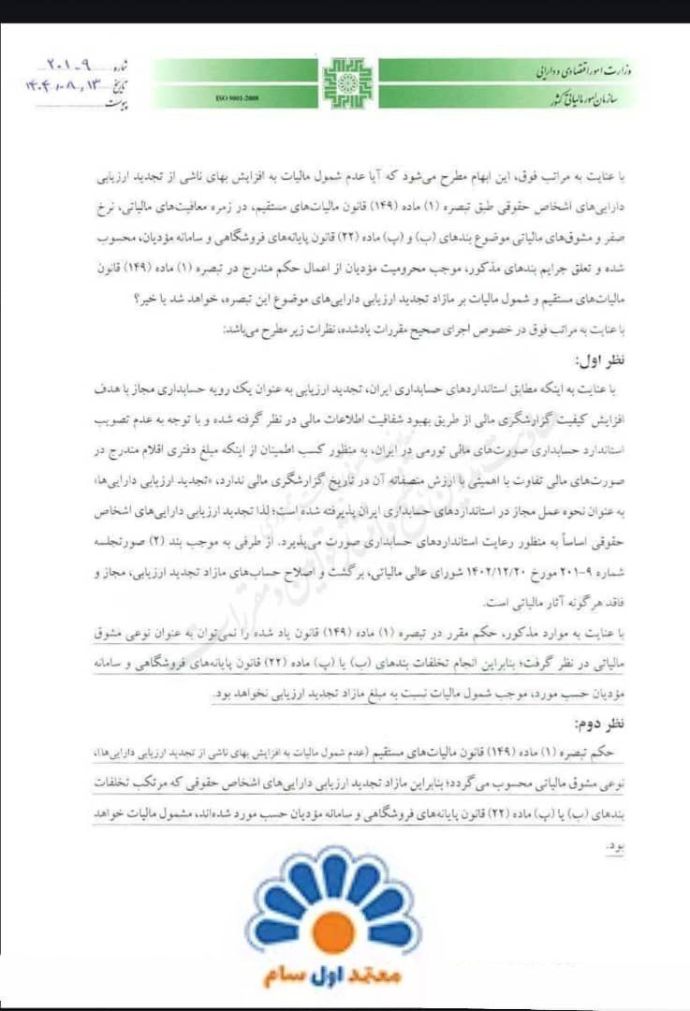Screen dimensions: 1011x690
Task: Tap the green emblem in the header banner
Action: coord(347,83)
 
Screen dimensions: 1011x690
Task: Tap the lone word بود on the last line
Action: coord(614,845)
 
